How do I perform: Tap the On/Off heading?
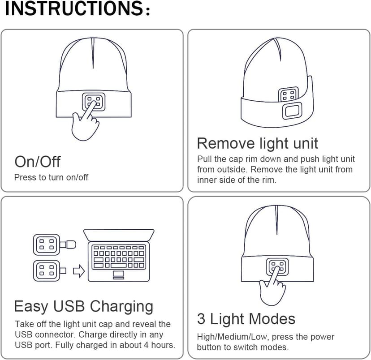point(37,161)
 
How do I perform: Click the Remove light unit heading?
point(257,143)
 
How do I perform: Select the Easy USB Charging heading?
point(84,306)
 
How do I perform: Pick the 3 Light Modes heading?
point(246,319)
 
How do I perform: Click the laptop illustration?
point(119,256)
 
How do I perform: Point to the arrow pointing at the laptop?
point(79,270)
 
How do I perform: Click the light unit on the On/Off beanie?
point(94,101)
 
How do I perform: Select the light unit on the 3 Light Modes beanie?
point(278,267)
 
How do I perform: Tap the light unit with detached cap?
point(46,244)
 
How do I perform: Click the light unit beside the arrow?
point(46,270)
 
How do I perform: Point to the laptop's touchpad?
point(118,274)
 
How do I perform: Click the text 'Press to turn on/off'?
point(51,177)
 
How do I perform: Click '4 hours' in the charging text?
point(160,345)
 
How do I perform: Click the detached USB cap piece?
point(69,244)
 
